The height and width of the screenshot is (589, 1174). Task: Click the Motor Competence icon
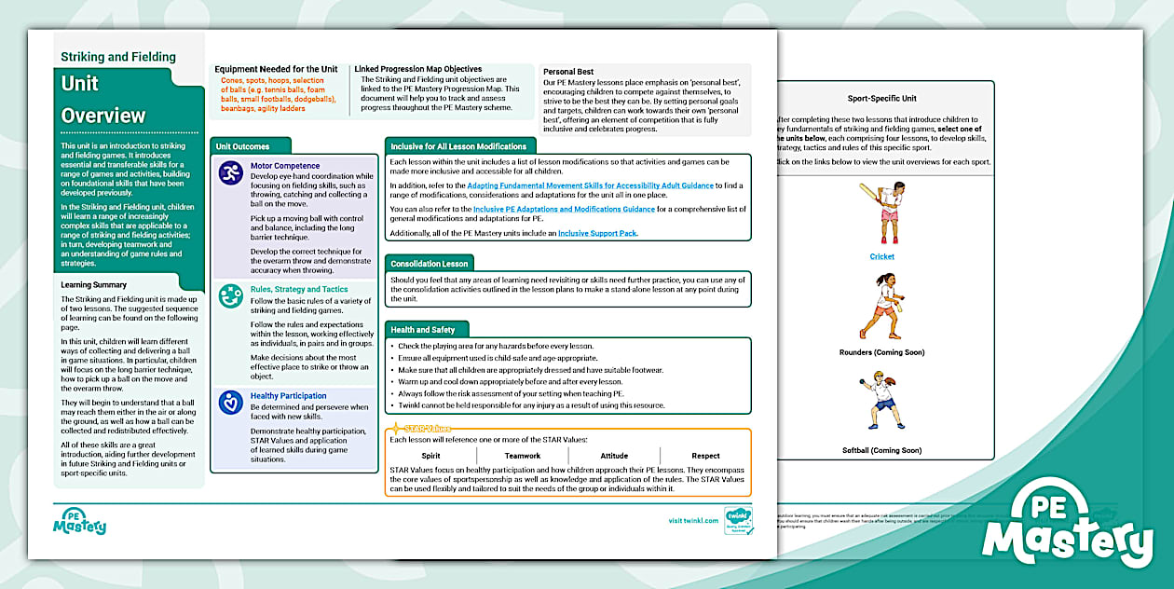(x=230, y=172)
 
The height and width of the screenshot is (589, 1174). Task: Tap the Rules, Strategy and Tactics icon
(x=230, y=296)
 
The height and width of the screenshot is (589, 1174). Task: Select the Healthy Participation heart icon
(x=230, y=403)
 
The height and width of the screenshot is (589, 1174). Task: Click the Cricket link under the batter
(x=881, y=256)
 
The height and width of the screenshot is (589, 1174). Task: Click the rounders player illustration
(x=881, y=307)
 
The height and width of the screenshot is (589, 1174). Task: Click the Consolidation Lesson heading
(x=430, y=264)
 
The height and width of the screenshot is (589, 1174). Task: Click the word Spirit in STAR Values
(x=430, y=456)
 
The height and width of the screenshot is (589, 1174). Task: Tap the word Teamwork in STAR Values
(x=522, y=456)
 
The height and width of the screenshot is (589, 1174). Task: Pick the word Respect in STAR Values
(x=705, y=456)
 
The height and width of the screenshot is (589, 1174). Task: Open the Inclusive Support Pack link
(x=597, y=233)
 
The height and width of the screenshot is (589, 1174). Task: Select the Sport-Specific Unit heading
(x=881, y=98)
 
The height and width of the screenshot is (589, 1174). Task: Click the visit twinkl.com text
(x=693, y=521)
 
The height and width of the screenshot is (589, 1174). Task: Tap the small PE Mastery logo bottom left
(x=79, y=521)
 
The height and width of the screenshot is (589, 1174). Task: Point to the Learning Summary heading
(x=94, y=284)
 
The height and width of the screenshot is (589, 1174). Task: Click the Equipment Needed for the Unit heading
(x=276, y=69)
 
